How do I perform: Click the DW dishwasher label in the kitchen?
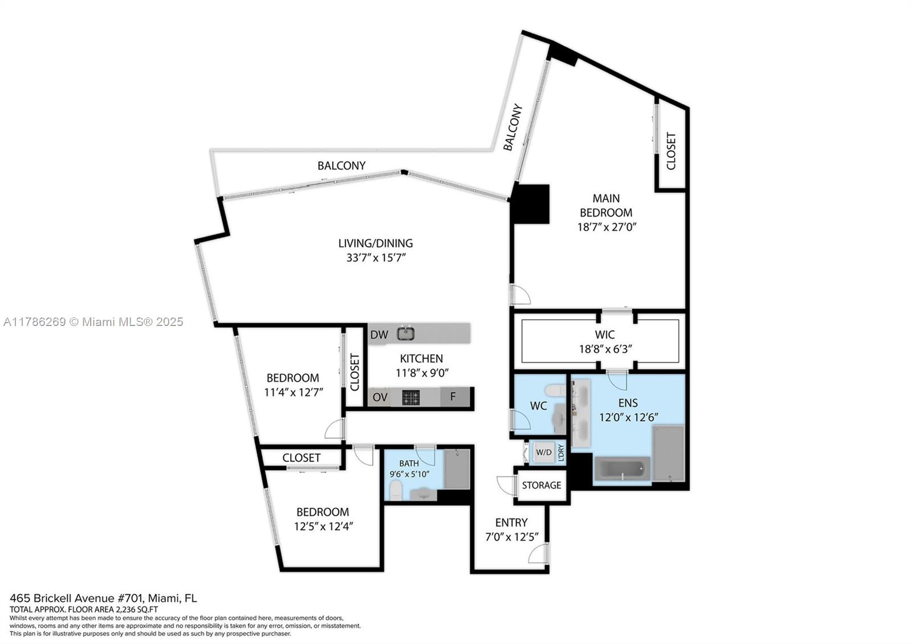coord(379,335)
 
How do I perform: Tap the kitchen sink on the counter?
coord(406,333)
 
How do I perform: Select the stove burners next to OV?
coord(410,397)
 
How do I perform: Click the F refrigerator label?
coord(453,397)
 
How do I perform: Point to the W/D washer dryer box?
coord(544,453)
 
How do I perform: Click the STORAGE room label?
coord(541,485)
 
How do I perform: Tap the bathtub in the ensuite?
coord(622,469)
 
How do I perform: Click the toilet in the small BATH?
coord(395,489)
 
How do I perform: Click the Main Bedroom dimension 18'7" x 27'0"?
coord(606,226)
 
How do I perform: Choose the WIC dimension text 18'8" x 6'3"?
coord(605,349)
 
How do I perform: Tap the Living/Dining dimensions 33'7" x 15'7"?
coord(376,257)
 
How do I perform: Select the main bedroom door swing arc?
coord(520,295)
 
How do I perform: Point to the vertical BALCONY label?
coord(512,127)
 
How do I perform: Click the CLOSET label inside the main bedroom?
coord(671,151)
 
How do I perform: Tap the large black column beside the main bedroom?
coord(531,203)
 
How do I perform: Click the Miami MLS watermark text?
coord(93,322)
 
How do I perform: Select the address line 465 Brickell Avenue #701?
coord(103,598)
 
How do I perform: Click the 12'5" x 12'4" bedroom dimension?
coord(324,526)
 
